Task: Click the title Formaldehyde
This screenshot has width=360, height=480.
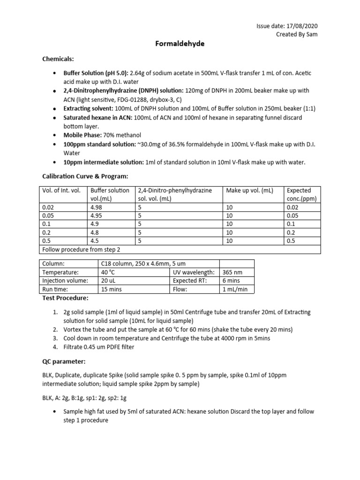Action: [x=180, y=44]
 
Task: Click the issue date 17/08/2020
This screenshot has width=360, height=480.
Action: [x=307, y=26]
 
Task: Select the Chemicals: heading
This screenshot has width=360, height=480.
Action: [x=59, y=59]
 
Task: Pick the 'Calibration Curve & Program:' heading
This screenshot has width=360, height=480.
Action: [x=85, y=176]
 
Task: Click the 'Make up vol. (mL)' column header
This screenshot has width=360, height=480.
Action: [x=249, y=191]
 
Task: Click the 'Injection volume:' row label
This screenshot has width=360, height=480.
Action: [x=65, y=281]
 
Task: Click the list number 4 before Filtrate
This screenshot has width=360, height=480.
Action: [x=55, y=347]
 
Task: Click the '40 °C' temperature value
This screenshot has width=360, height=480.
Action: [x=108, y=272]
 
